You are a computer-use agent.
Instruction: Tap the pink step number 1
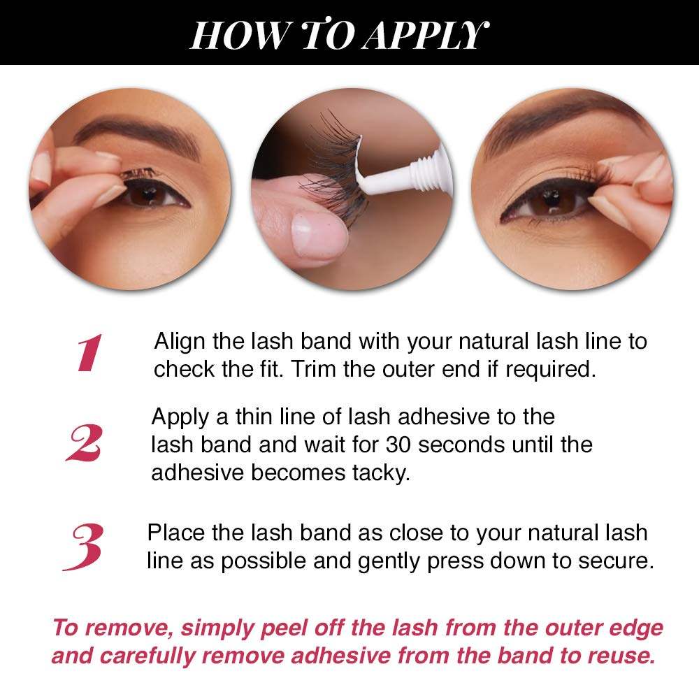coord(89,354)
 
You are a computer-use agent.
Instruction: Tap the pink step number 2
coord(85,444)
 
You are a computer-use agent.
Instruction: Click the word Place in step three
coord(176,533)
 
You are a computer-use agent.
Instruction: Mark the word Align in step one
coord(178,342)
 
